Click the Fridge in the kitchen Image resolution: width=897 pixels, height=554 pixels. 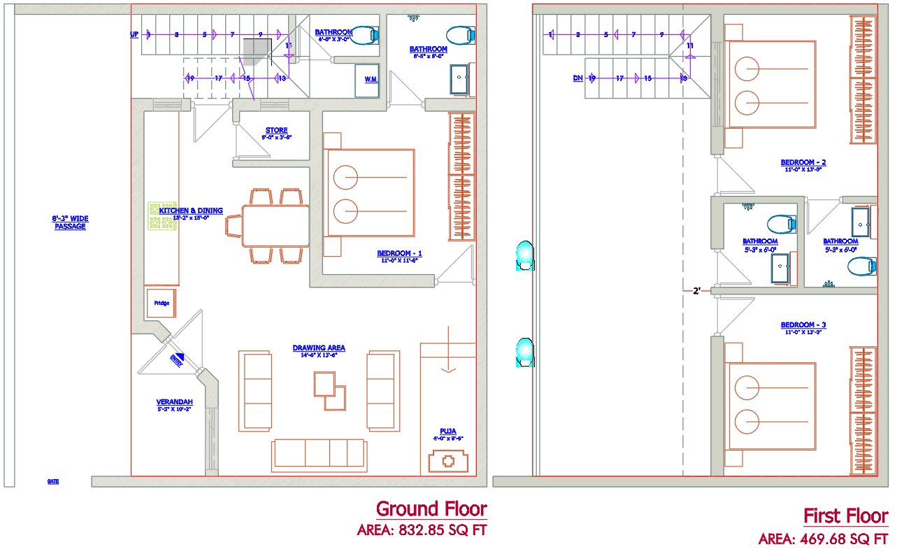[x=162, y=304]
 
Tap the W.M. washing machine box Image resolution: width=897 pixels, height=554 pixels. [x=370, y=80]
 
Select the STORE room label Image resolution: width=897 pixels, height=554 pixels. [x=276, y=131]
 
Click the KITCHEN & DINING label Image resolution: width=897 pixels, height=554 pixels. [x=191, y=211]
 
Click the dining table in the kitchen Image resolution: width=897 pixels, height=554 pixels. [x=275, y=225]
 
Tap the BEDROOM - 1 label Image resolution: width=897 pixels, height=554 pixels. [x=399, y=253]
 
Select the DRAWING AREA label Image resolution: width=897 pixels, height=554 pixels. [x=319, y=348]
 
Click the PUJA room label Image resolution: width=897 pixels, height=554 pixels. [x=447, y=432]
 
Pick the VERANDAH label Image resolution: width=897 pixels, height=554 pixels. [x=174, y=402]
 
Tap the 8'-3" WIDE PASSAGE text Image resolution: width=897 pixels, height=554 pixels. [x=71, y=222]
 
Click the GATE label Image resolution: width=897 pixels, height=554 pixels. [x=53, y=481]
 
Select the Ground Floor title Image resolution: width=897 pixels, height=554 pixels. [x=431, y=509]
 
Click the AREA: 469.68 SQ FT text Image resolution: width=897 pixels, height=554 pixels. [x=823, y=539]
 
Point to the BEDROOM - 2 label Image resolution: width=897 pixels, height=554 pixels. [x=803, y=163]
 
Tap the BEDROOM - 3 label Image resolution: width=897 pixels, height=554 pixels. [x=803, y=325]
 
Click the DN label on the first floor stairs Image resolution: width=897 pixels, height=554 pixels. [x=577, y=78]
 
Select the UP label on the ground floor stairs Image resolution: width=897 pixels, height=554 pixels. [x=134, y=34]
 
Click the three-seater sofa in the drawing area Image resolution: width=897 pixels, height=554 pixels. [x=319, y=453]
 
